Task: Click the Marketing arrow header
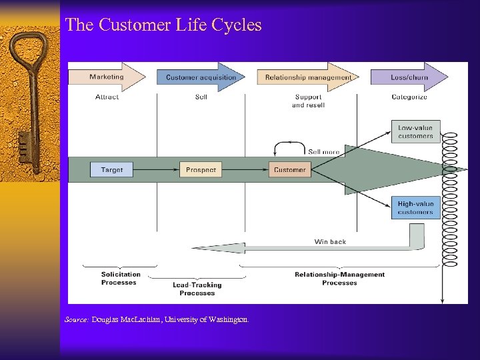[107, 77]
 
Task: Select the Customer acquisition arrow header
[201, 77]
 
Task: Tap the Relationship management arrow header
[307, 77]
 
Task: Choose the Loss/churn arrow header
[409, 77]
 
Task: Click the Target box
[112, 170]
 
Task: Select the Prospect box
[201, 170]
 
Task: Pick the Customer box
[290, 170]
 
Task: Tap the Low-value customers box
[415, 132]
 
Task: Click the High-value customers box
[415, 208]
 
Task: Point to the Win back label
[330, 242]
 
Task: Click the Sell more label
[323, 152]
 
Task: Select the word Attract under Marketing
[107, 97]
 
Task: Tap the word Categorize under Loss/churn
[409, 97]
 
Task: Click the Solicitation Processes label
[121, 278]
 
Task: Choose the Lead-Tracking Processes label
[197, 289]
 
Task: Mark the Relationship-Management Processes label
[339, 278]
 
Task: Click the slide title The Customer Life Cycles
[163, 25]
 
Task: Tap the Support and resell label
[308, 101]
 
